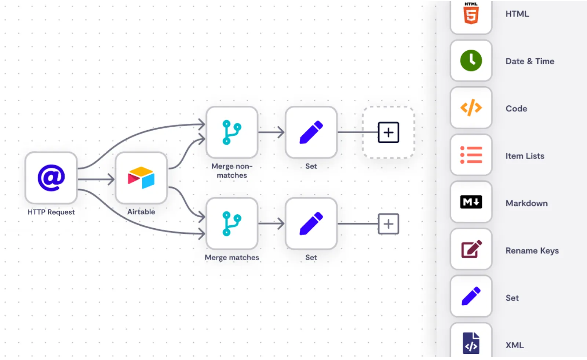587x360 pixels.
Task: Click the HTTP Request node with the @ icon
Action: [51, 178]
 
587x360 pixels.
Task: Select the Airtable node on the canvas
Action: [141, 178]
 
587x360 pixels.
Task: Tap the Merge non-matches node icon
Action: [232, 132]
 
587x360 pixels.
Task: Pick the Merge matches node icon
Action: [232, 223]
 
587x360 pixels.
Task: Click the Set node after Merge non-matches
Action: [311, 132]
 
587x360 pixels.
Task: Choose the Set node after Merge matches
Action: [311, 223]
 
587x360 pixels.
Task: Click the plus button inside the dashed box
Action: [389, 132]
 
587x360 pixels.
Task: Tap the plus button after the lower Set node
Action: [389, 224]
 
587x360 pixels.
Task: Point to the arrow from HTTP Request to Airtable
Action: [96, 179]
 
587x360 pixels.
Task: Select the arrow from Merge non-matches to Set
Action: [271, 132]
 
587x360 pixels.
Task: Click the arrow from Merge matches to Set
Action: [271, 223]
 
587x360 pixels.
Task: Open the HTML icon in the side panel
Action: [471, 14]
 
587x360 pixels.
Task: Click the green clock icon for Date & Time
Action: [471, 61]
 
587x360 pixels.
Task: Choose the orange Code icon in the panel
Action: [471, 108]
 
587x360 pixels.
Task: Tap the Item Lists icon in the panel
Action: [471, 155]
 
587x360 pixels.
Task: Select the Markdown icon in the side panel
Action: [471, 202]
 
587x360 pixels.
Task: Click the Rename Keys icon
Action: [471, 249]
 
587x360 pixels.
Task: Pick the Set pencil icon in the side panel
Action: [471, 296]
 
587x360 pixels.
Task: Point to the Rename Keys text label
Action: [532, 251]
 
